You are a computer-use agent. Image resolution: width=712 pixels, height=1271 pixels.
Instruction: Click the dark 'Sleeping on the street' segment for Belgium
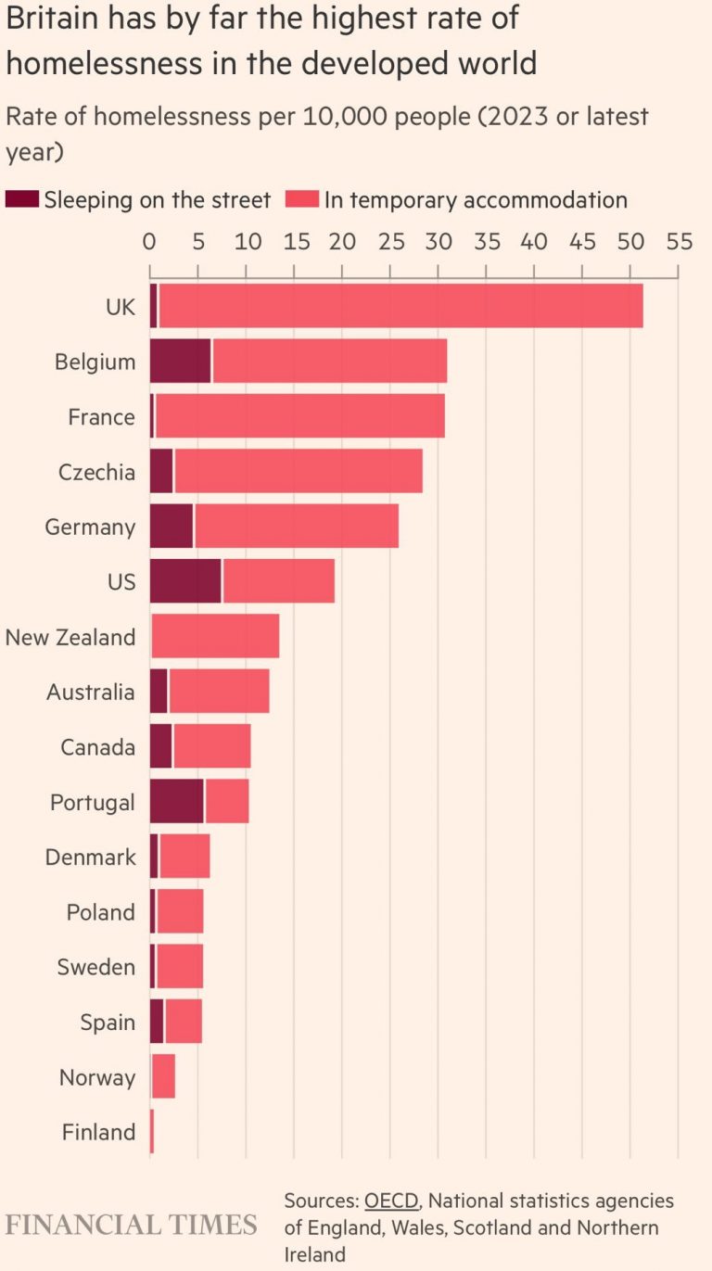point(180,362)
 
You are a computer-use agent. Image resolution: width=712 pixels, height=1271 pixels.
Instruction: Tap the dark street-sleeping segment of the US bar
point(185,581)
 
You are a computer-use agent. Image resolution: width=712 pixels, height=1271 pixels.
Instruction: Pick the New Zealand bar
point(215,637)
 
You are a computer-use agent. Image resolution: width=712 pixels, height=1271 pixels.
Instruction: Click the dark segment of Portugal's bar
point(176,802)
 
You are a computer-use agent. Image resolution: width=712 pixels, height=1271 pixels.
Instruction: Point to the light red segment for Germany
point(297,527)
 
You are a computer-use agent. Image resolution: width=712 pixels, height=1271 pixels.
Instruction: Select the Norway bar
point(163,1077)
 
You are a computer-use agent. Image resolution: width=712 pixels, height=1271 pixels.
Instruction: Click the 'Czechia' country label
point(96,472)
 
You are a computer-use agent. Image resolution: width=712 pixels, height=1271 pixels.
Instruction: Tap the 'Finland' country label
point(98,1132)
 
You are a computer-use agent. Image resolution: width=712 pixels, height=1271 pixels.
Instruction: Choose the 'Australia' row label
point(91,692)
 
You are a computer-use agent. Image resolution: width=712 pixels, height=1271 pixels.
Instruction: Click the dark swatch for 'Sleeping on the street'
point(22,199)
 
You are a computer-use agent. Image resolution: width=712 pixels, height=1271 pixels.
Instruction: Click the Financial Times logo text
point(131,1225)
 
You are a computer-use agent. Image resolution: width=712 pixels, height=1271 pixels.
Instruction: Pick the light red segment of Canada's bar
point(211,747)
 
